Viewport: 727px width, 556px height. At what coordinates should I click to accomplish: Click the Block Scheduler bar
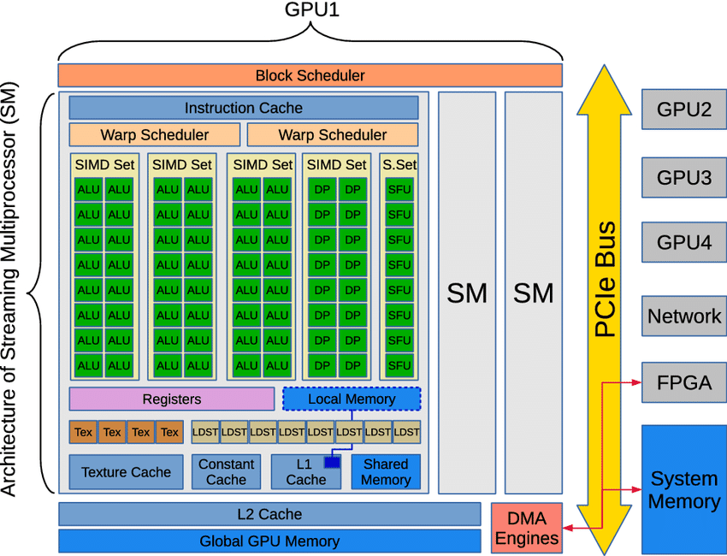[x=310, y=75]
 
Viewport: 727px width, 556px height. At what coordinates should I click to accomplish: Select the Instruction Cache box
[x=243, y=108]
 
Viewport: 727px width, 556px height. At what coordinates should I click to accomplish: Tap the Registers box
[x=172, y=399]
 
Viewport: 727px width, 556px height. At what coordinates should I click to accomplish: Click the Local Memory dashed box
[x=352, y=399]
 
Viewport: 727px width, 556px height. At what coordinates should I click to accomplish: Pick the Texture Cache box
[x=126, y=471]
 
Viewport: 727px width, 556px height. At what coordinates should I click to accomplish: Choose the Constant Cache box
[x=226, y=471]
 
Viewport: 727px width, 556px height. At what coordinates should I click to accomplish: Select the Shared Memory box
[x=386, y=471]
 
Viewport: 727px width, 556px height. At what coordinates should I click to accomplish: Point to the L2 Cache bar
[x=269, y=514]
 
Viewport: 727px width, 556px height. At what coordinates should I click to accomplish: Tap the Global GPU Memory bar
[x=269, y=541]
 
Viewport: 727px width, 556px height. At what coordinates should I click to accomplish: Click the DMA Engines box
[x=526, y=528]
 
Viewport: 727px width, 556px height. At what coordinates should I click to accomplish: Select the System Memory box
[x=683, y=489]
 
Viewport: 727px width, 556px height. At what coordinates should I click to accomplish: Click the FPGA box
[x=683, y=382]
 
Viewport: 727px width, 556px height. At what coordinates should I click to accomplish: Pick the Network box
[x=683, y=316]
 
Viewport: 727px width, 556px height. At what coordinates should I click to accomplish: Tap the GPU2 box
[x=683, y=109]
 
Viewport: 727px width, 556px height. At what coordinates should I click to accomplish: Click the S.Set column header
[x=399, y=164]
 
